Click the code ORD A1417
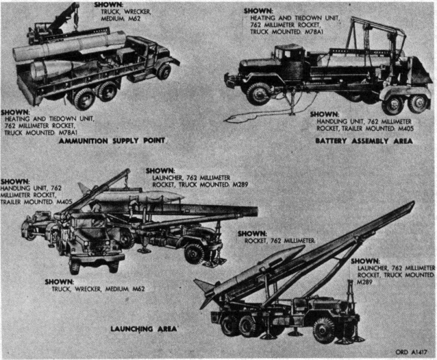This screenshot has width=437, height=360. point(411,351)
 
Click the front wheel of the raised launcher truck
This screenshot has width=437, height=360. point(324,330)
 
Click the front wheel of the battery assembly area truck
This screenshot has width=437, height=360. point(259,93)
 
